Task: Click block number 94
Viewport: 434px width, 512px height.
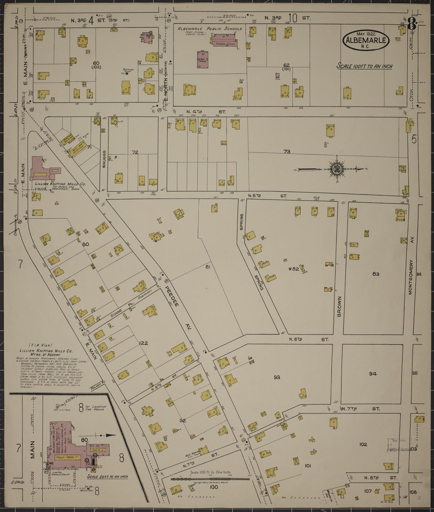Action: [373, 374]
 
